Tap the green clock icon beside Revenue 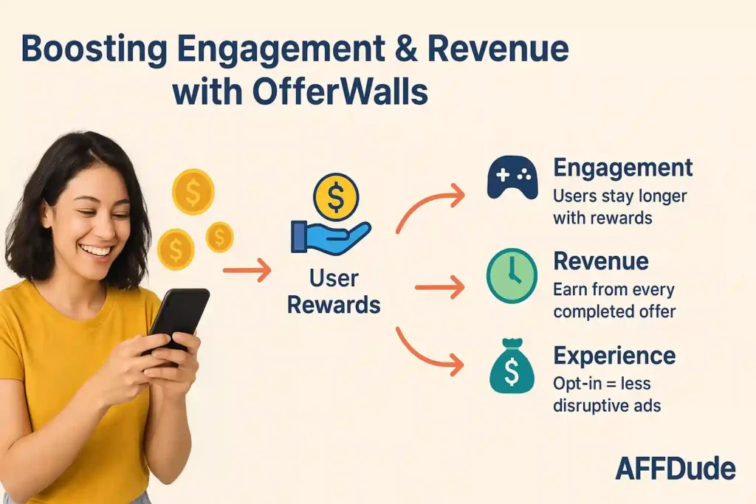coord(512,276)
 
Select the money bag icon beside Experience coord(511,368)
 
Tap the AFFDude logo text coord(675,469)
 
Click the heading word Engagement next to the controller coord(622,168)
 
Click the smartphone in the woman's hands coord(177,317)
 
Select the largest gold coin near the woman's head coord(193,192)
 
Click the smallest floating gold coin coord(219,237)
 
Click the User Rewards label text coord(334,291)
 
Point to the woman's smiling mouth coord(95,250)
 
